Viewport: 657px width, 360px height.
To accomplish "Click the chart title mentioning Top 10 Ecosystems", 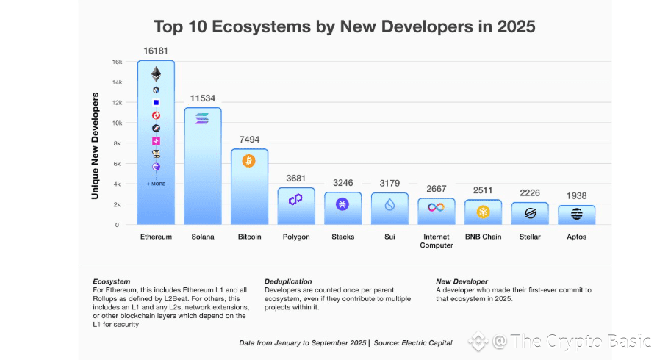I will coord(344,27).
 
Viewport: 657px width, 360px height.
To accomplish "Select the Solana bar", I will coord(202,169).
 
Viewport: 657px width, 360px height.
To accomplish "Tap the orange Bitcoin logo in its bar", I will coord(248,161).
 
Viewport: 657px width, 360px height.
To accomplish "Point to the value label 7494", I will coord(248,139).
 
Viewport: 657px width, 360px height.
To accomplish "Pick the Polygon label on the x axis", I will coord(296,237).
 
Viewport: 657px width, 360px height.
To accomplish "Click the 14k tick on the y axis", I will coord(117,82).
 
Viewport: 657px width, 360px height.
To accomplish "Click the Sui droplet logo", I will coord(389,205).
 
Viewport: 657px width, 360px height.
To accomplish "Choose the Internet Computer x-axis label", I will coord(437,241).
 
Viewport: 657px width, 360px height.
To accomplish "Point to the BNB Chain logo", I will coord(483,212).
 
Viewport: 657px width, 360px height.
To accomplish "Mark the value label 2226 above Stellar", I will coord(530,192).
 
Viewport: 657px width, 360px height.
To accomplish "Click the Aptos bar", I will coord(576,215).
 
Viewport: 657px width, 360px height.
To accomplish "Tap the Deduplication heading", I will coord(288,281).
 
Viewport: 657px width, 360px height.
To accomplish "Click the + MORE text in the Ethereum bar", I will coord(156,184).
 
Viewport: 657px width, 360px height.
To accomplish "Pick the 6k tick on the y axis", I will coord(118,164).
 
